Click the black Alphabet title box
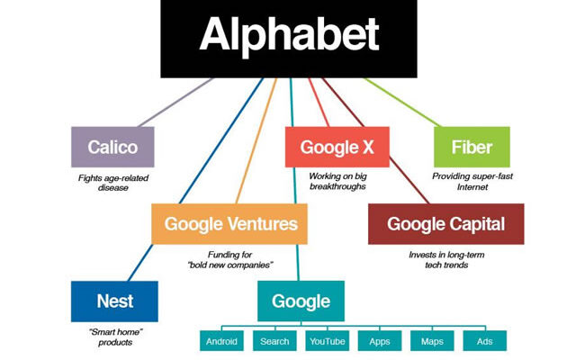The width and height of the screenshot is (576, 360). click(x=289, y=39)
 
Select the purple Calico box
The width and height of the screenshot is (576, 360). click(x=112, y=147)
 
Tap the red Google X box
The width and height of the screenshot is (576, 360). click(x=337, y=147)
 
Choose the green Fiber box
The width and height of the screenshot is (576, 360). click(x=472, y=147)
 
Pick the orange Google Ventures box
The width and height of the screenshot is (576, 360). click(x=229, y=224)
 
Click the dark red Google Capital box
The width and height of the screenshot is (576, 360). click(x=446, y=224)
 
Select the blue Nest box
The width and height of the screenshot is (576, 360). click(x=114, y=301)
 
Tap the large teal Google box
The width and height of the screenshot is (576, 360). click(x=301, y=301)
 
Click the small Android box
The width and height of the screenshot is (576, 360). click(x=221, y=341)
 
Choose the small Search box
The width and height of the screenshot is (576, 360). click(x=274, y=341)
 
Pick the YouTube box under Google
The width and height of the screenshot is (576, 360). click(x=328, y=341)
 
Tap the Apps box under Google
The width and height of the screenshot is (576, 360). click(x=380, y=341)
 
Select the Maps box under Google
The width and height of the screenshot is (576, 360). click(x=432, y=341)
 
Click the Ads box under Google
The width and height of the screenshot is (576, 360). click(x=485, y=341)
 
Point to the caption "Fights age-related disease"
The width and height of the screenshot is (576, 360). click(x=113, y=183)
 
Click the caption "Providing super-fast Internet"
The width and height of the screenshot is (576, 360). click(x=472, y=182)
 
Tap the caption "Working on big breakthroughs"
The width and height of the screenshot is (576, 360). click(x=338, y=182)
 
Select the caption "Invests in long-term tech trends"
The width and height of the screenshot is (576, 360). click(x=446, y=260)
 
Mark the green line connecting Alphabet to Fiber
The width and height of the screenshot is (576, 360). click(x=401, y=102)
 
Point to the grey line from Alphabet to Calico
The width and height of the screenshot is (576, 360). click(x=175, y=102)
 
